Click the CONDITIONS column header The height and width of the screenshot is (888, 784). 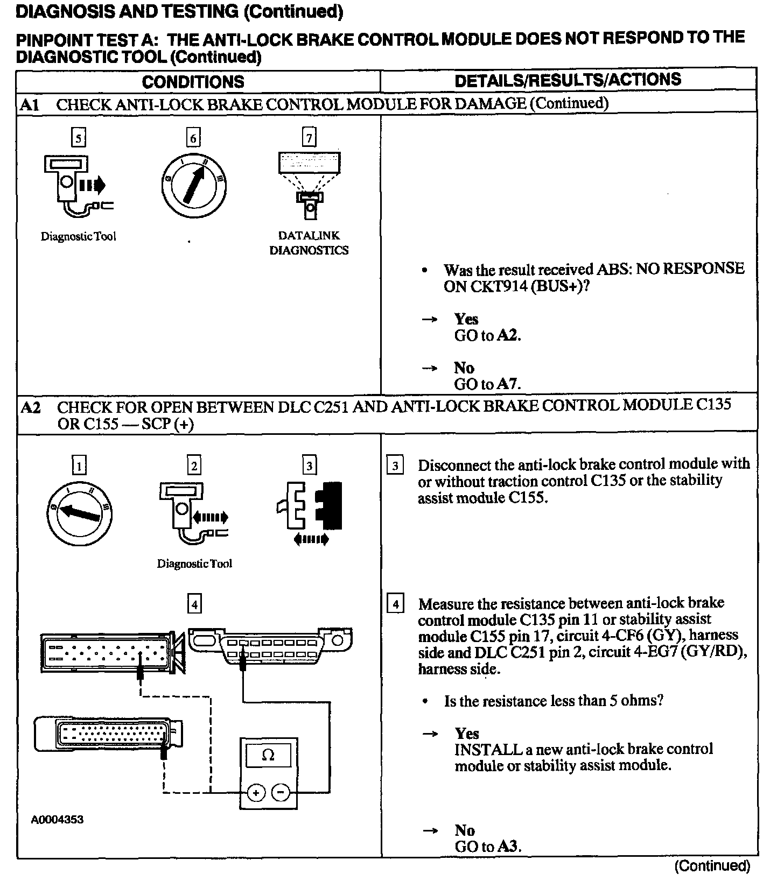click(x=193, y=82)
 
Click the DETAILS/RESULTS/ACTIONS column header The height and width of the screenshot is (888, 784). click(x=568, y=80)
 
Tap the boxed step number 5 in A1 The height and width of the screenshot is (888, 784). click(x=79, y=138)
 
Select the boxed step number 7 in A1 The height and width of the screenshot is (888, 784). click(x=309, y=138)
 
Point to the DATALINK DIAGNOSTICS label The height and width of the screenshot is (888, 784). click(x=309, y=243)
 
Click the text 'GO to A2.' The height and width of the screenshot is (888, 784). click(x=487, y=336)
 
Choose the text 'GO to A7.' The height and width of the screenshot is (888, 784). click(x=487, y=384)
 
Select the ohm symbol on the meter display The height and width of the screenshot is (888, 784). click(x=268, y=755)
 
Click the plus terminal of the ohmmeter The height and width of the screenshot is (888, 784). click(x=256, y=793)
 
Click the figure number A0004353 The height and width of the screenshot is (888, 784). click(x=57, y=820)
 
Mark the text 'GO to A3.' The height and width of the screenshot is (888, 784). click(x=487, y=847)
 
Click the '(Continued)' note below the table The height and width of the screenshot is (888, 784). click(x=712, y=866)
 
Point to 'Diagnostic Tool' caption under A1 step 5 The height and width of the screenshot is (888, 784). click(x=79, y=236)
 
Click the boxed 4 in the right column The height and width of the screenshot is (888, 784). click(x=395, y=604)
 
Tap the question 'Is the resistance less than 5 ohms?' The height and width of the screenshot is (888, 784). click(x=553, y=701)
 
